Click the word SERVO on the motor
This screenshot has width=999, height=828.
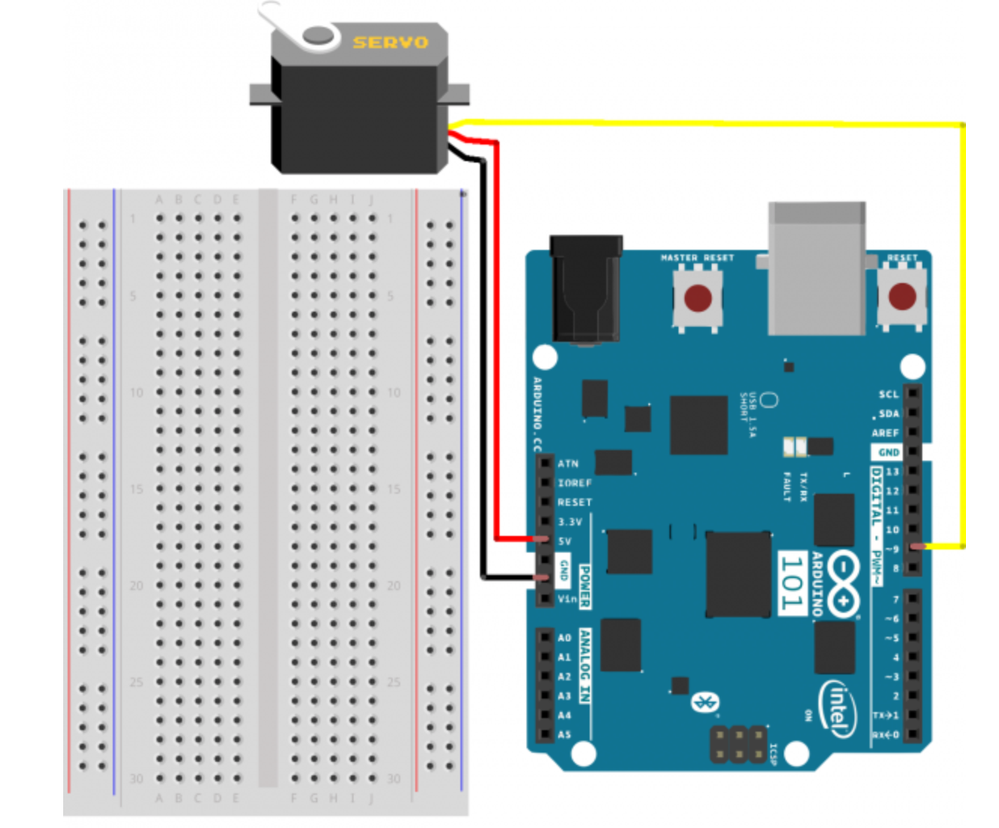click(390, 42)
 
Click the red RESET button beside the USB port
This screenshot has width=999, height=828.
click(901, 298)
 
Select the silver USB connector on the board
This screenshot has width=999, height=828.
click(816, 269)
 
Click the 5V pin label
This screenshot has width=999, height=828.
click(565, 541)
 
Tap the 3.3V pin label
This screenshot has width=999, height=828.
click(570, 522)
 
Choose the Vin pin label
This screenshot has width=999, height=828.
click(567, 598)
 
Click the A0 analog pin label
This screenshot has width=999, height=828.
click(564, 638)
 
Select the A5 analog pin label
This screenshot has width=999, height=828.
click(564, 734)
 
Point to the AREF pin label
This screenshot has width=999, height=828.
click(885, 433)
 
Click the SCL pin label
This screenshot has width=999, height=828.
click(888, 394)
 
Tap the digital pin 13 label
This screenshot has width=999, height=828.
click(892, 471)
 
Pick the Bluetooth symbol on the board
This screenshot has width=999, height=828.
click(705, 703)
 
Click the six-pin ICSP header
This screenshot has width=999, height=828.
click(738, 745)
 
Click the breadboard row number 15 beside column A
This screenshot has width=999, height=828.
click(136, 489)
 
